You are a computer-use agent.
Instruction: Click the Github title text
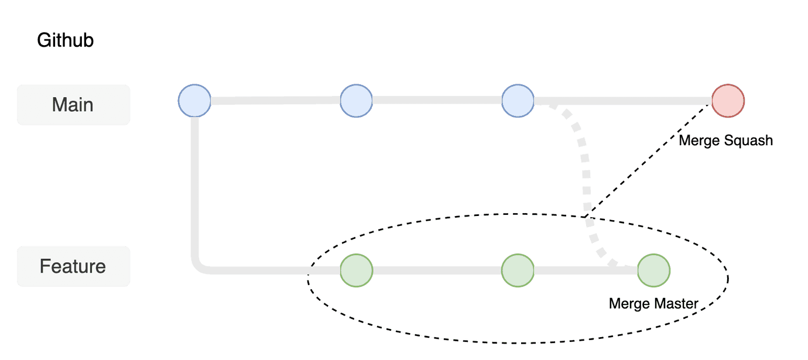(66, 41)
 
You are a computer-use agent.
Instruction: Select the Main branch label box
(73, 105)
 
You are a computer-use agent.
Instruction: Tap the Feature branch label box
(73, 266)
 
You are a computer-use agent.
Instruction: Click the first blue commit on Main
(194, 101)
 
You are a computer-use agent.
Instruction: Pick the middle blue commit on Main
(356, 101)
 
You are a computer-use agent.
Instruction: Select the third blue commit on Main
(518, 101)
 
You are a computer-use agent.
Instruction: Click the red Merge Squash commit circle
(728, 101)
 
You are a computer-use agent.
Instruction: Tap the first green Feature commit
(356, 270)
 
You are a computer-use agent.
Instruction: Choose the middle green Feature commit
(518, 270)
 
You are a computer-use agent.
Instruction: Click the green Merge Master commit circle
(653, 270)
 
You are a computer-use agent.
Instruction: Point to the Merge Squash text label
(725, 140)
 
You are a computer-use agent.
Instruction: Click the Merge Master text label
(653, 304)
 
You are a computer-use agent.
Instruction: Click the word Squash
(749, 141)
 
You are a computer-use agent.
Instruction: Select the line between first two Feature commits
(437, 270)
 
